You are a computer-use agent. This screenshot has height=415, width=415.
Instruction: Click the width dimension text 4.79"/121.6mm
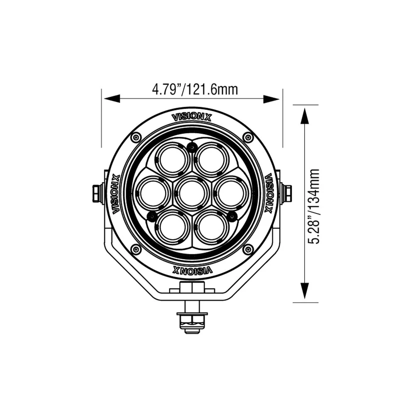[195, 89]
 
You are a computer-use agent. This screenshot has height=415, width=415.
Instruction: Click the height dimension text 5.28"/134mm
[314, 206]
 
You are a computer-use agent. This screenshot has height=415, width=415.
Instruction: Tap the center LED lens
[192, 193]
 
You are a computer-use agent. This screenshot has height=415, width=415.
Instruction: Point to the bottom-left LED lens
[172, 227]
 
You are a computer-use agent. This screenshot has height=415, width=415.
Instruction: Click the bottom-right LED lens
[212, 227]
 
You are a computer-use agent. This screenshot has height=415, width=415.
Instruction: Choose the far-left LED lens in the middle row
[153, 193]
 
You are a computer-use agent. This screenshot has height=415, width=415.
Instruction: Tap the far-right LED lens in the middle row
[231, 193]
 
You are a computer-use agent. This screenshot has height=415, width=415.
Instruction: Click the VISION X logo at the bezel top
[192, 117]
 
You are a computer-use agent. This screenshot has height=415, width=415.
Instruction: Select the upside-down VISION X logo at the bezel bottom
[192, 271]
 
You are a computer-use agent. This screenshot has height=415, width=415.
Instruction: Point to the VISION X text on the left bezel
[116, 194]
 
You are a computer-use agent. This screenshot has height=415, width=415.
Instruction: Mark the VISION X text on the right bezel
[268, 194]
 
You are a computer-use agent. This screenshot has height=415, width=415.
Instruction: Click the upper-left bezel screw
[136, 137]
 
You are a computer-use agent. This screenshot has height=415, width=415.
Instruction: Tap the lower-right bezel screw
[248, 249]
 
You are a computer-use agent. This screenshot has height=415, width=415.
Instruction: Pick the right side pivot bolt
[287, 193]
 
